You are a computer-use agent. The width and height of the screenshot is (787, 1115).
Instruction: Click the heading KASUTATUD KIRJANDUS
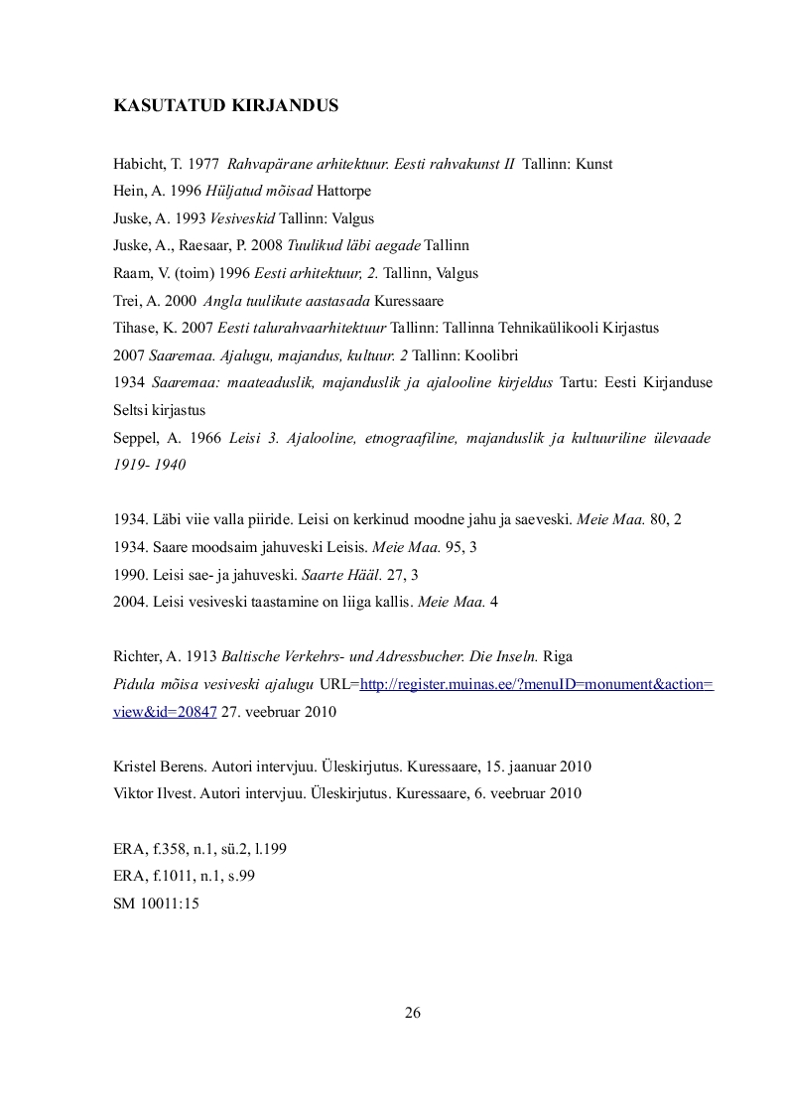[225, 105]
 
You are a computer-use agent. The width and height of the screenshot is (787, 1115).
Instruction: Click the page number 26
[413, 1013]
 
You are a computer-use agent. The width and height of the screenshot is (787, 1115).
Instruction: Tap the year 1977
[202, 164]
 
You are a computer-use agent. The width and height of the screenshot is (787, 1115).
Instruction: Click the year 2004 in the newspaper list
[130, 602]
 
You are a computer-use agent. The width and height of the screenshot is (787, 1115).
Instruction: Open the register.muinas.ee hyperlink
[536, 684]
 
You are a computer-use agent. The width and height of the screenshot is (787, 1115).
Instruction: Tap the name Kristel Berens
[158, 766]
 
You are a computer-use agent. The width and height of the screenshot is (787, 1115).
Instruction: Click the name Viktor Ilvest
[152, 793]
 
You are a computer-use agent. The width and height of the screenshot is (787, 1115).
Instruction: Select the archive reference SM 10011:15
[156, 903]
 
